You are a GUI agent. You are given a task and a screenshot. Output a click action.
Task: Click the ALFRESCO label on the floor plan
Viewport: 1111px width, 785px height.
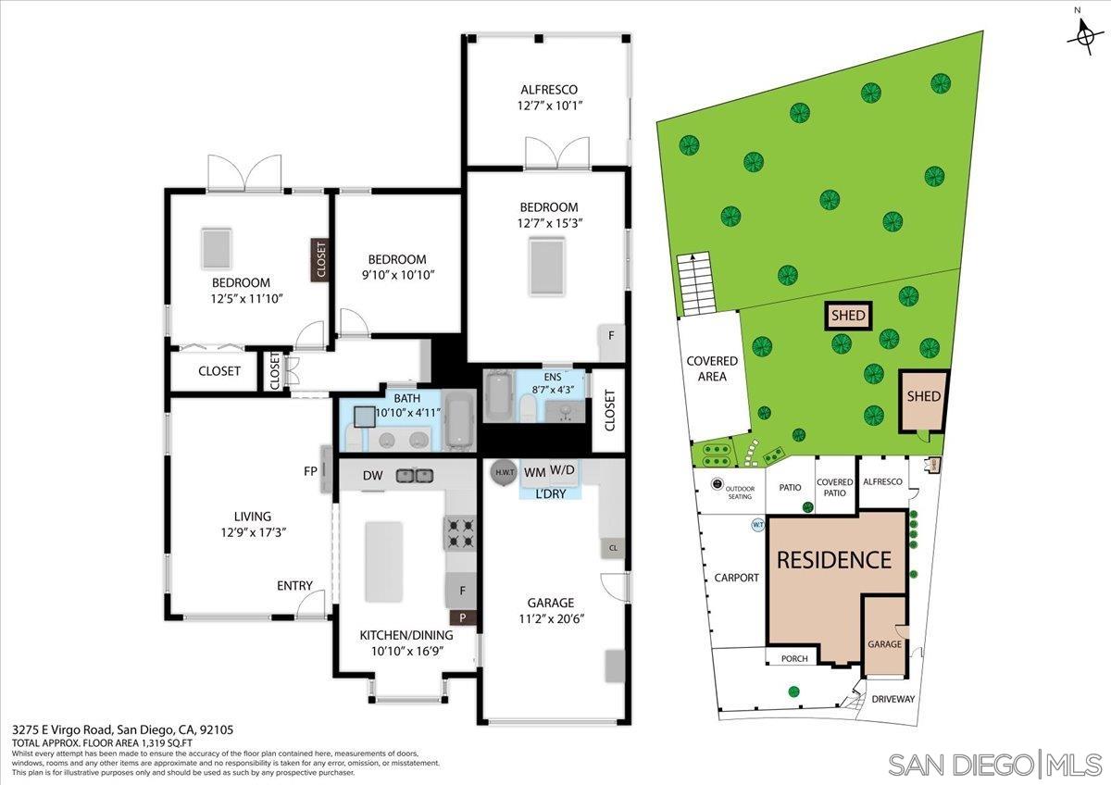(x=548, y=90)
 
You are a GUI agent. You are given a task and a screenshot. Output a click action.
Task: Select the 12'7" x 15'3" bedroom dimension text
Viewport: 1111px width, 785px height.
(x=548, y=223)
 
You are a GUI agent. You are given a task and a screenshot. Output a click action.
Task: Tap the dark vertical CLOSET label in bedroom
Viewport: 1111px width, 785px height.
(x=320, y=260)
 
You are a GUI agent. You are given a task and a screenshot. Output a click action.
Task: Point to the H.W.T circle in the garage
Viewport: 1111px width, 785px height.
(x=504, y=472)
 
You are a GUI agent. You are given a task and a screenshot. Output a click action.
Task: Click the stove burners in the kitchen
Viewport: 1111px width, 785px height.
(x=461, y=532)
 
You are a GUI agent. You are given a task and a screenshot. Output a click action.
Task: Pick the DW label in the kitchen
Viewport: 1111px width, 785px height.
(x=372, y=476)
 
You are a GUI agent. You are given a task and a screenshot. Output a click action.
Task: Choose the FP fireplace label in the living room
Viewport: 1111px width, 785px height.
(x=312, y=469)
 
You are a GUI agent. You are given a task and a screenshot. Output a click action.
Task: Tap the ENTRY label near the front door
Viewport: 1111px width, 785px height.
(x=294, y=586)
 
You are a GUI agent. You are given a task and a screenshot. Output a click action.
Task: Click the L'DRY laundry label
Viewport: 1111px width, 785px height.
(x=553, y=494)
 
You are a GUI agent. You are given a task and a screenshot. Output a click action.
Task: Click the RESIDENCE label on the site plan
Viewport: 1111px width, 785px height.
(x=833, y=560)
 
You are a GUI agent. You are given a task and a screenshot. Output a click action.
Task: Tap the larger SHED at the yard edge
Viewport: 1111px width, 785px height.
(x=923, y=398)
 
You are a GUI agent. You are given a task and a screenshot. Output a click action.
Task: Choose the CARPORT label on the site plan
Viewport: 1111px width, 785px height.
(x=736, y=578)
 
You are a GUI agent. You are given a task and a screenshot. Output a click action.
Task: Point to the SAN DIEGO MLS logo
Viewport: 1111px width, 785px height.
(x=994, y=764)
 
